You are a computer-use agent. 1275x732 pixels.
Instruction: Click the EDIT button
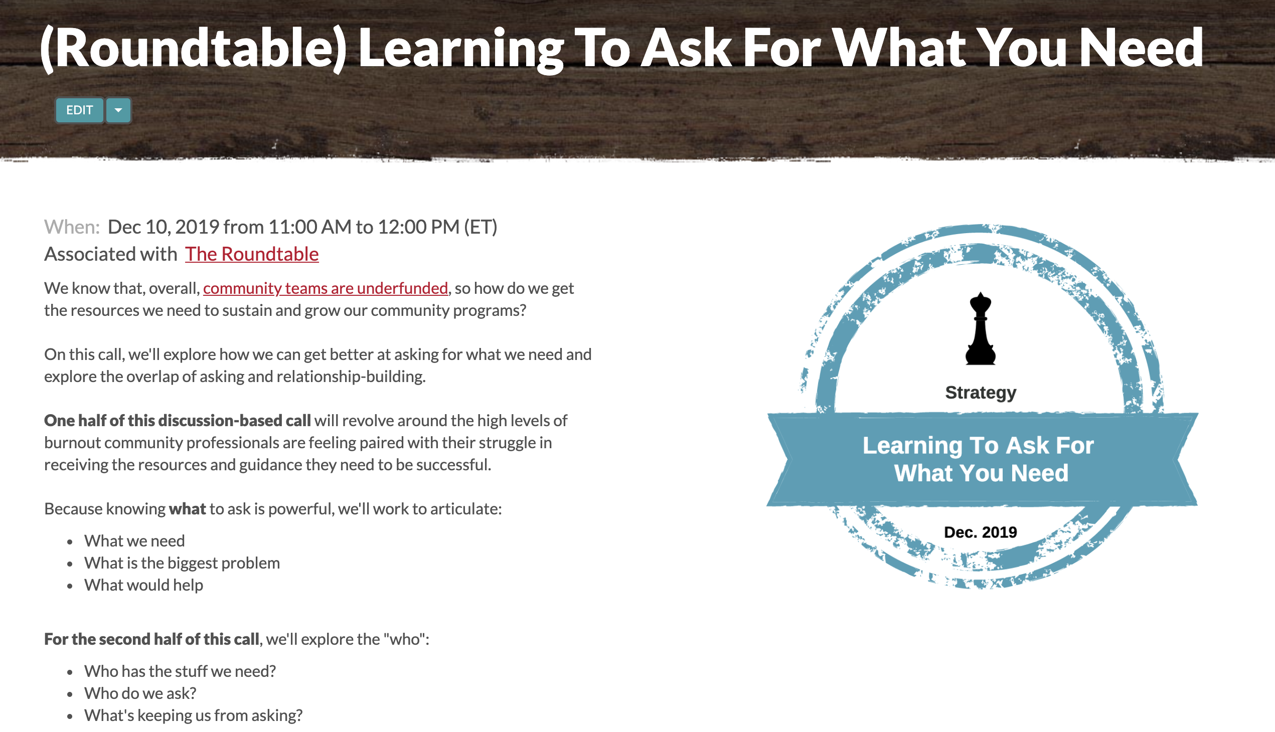pyautogui.click(x=79, y=110)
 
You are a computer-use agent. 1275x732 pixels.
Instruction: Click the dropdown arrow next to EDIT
pyautogui.click(x=118, y=110)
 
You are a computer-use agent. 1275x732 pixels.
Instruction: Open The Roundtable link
pyautogui.click(x=251, y=254)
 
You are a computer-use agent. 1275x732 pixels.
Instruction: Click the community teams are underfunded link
pyautogui.click(x=326, y=288)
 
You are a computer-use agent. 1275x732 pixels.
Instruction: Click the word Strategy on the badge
pyautogui.click(x=980, y=392)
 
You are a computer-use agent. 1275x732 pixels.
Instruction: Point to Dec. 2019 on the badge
pyautogui.click(x=980, y=532)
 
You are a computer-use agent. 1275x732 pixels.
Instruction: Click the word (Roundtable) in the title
pyautogui.click(x=193, y=48)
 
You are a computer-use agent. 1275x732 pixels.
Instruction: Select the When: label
pyautogui.click(x=72, y=227)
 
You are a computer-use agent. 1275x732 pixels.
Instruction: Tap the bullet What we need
pyautogui.click(x=134, y=540)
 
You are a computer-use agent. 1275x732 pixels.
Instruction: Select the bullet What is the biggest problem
pyautogui.click(x=182, y=563)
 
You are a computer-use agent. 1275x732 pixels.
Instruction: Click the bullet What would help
pyautogui.click(x=143, y=585)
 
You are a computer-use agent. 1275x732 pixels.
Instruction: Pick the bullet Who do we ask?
pyautogui.click(x=140, y=693)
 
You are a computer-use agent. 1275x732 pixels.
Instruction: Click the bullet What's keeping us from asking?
pyautogui.click(x=193, y=715)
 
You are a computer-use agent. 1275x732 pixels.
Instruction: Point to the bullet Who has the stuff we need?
pyautogui.click(x=180, y=671)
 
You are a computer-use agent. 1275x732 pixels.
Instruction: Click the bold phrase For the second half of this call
pyautogui.click(x=152, y=639)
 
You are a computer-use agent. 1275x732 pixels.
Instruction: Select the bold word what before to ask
pyautogui.click(x=187, y=509)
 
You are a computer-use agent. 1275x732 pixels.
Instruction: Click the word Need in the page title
pyautogui.click(x=1141, y=48)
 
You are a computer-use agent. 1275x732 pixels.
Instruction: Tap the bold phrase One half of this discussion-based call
pyautogui.click(x=178, y=420)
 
